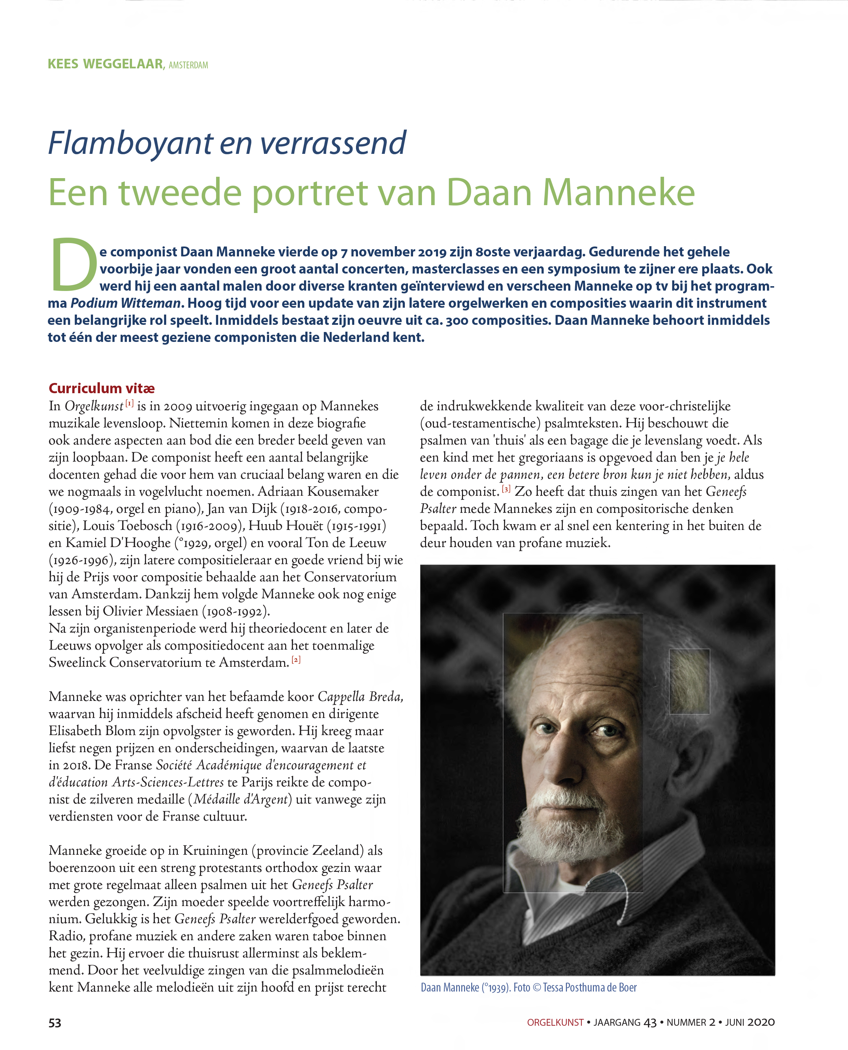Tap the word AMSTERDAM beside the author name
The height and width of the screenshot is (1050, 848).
188,65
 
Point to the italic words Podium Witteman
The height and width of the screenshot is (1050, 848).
125,303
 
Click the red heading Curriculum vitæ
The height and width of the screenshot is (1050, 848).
102,388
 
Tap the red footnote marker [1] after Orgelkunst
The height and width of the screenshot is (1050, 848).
130,403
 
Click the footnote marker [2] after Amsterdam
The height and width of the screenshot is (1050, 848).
296,660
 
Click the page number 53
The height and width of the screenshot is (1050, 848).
55,1023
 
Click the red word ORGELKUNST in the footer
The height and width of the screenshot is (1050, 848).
555,1023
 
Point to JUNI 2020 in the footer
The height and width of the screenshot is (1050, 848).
750,1023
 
